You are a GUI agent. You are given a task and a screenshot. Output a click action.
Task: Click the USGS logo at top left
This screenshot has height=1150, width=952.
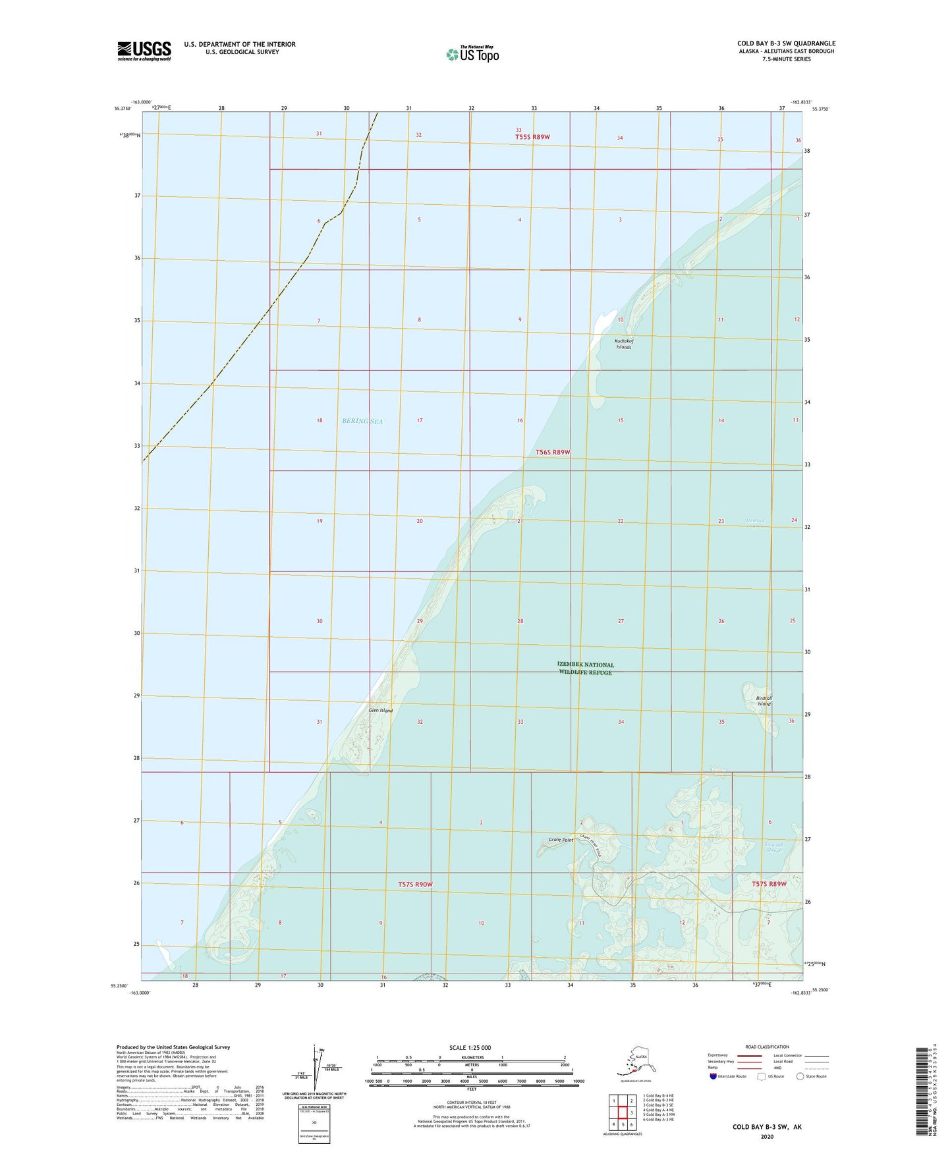click(x=144, y=50)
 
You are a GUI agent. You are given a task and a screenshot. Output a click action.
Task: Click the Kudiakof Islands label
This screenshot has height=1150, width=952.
click(x=623, y=344)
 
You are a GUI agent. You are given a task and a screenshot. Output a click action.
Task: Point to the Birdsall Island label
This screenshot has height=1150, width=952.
click(x=764, y=701)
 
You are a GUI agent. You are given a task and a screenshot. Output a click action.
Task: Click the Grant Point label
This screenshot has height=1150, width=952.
click(x=560, y=840)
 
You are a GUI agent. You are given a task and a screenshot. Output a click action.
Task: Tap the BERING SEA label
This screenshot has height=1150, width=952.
click(x=362, y=421)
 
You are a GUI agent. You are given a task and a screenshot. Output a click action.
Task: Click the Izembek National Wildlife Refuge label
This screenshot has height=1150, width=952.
click(x=585, y=669)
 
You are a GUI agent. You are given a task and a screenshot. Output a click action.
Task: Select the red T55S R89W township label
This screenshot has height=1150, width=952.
click(x=532, y=137)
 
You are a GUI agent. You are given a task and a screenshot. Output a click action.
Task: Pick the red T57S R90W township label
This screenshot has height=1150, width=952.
click(x=415, y=884)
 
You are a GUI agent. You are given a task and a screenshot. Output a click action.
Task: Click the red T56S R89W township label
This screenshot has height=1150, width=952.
click(x=552, y=452)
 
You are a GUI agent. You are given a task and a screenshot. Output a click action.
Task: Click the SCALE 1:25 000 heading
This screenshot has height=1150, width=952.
click(x=470, y=1047)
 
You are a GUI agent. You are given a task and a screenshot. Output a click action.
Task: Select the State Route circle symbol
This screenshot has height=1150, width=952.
click(x=800, y=1076)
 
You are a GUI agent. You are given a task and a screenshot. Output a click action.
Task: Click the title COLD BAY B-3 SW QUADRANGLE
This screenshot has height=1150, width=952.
click(x=786, y=43)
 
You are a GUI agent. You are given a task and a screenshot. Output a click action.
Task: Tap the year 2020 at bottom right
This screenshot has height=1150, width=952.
click(x=767, y=1136)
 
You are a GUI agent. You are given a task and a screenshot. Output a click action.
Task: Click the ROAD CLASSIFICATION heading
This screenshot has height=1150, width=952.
click(x=767, y=1047)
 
